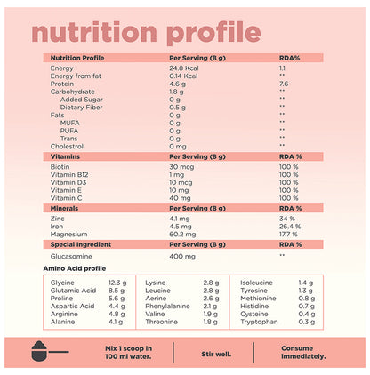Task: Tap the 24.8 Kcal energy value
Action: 184,68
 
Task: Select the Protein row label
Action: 63,83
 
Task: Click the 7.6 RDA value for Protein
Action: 283,83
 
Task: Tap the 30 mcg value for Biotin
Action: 181,165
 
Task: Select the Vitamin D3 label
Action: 72,181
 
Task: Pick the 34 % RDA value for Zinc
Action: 286,218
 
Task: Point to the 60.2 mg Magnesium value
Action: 183,234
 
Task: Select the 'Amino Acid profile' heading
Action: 81,267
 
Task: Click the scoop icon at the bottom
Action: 43,353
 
